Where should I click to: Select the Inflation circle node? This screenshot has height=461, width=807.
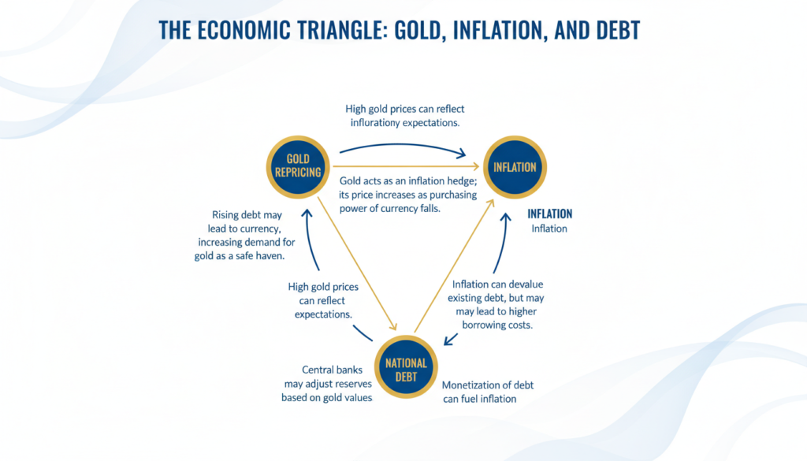(515, 167)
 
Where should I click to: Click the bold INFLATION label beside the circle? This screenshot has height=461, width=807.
(550, 214)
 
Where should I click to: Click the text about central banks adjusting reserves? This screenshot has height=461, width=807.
(326, 384)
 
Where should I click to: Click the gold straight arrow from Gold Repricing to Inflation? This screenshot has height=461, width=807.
(410, 166)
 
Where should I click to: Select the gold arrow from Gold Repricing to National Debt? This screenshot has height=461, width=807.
(355, 260)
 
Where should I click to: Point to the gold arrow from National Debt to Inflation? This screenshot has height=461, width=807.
(456, 264)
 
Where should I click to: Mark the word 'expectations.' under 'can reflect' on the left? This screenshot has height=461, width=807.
(322, 314)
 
